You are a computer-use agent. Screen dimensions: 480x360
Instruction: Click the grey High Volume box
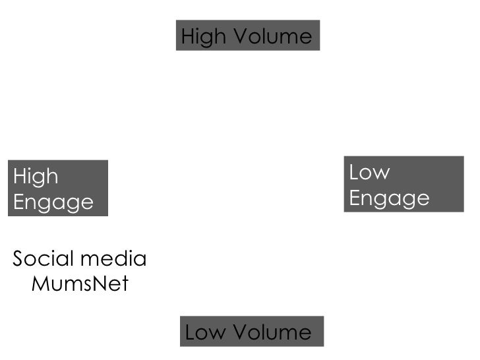point(247,35)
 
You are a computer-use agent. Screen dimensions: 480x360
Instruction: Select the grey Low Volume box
point(251,332)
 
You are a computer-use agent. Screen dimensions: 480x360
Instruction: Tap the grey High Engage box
point(57,188)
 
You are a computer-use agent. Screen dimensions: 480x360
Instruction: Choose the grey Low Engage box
point(404,184)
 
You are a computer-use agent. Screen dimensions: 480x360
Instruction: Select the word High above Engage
point(36,177)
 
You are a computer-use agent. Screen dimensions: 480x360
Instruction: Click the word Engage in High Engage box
point(53,202)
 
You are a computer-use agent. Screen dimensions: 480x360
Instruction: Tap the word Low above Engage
point(369,172)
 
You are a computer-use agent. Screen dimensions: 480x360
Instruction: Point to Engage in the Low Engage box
point(389,198)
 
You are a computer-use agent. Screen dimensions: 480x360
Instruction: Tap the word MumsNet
point(80,284)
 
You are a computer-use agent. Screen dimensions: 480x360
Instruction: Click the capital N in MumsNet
point(100,284)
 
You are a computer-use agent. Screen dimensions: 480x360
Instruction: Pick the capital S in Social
point(18,258)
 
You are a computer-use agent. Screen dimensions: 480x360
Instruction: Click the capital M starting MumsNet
point(40,284)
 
